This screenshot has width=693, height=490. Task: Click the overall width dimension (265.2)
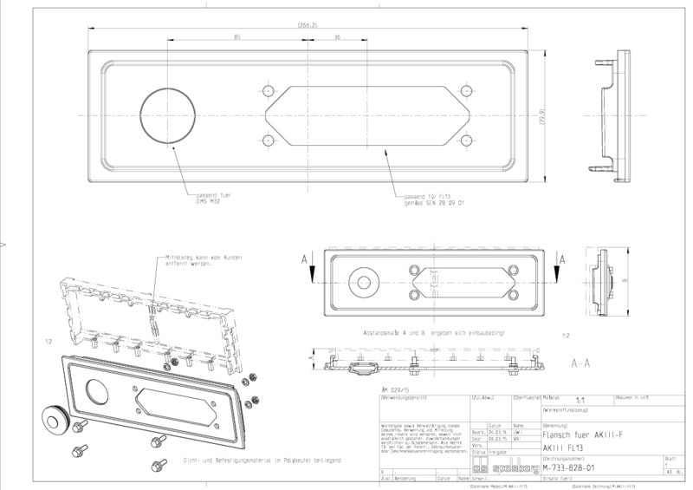click(x=307, y=25)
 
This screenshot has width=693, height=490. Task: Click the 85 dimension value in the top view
click(x=237, y=37)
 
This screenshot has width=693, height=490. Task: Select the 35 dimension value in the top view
click(x=336, y=37)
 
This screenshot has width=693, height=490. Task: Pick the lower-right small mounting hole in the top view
click(x=466, y=140)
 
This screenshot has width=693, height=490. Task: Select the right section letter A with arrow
click(x=562, y=258)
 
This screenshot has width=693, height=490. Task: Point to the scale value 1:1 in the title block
click(x=554, y=399)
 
